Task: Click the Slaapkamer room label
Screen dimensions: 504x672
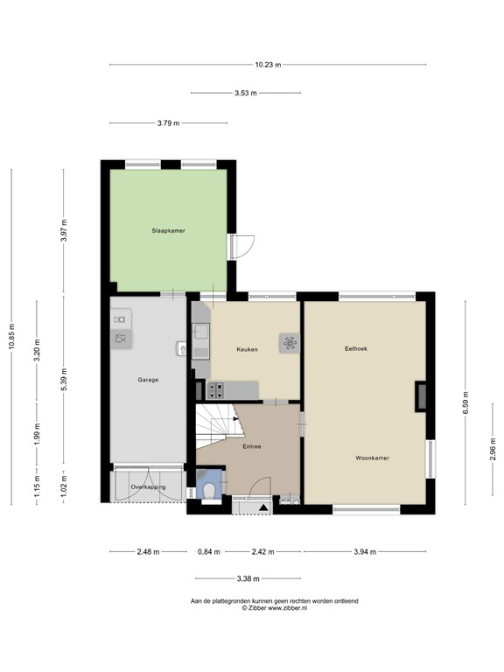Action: tap(168, 231)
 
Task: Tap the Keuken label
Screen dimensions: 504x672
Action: tap(248, 349)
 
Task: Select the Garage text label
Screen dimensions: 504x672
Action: tap(148, 380)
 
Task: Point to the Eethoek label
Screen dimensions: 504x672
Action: tap(356, 348)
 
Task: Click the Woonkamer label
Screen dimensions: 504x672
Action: tap(373, 458)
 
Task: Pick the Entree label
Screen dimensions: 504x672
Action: tap(252, 446)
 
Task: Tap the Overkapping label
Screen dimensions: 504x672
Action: tap(148, 486)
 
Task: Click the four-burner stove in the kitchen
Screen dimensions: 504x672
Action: tap(215, 390)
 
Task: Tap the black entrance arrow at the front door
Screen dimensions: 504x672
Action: tap(264, 507)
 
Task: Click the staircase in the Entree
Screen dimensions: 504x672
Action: tap(216, 425)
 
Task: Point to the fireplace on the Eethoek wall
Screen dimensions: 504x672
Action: tap(421, 396)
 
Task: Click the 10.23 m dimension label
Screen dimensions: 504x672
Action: tap(268, 65)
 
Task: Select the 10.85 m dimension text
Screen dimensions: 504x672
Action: tap(11, 336)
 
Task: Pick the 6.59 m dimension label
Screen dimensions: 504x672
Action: tap(465, 402)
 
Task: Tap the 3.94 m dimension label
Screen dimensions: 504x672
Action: tap(365, 552)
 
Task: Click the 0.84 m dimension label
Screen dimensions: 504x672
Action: tap(209, 552)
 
